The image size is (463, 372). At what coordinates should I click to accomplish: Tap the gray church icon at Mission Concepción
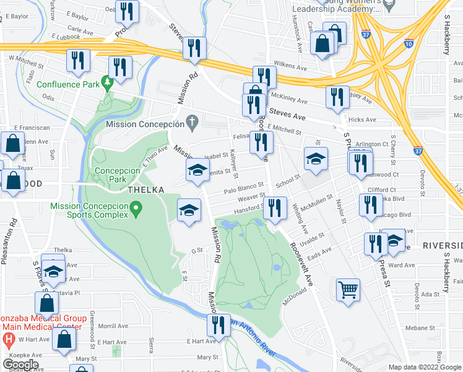pyautogui.click(x=193, y=122)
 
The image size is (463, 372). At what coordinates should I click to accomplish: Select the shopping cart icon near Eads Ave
pyautogui.click(x=348, y=290)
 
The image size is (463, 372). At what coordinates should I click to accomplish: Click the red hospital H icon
pyautogui.click(x=9, y=339)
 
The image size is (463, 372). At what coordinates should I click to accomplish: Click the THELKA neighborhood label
pyautogui.click(x=145, y=190)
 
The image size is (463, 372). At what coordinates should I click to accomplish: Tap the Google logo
pyautogui.click(x=20, y=364)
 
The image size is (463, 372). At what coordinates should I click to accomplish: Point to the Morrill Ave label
pyautogui.click(x=112, y=325)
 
